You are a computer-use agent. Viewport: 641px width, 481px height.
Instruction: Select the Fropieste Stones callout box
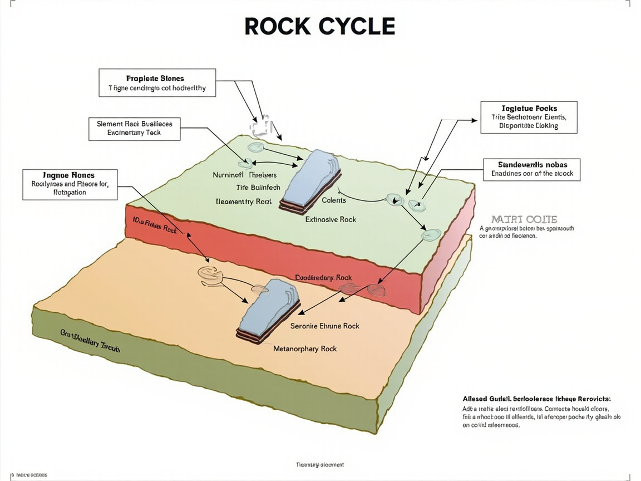point(157,83)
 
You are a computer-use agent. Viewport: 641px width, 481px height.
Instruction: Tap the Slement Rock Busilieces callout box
point(134,128)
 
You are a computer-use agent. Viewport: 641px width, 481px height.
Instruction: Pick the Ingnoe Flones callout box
point(70,184)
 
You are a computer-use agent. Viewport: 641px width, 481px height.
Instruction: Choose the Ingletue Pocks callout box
point(529,117)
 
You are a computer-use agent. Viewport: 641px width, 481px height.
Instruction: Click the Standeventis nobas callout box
point(532,169)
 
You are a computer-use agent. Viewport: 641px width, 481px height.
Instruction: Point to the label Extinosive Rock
point(331,219)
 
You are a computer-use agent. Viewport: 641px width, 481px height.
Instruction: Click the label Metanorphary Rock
point(305,349)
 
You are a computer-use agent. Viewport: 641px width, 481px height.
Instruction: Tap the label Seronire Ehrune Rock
point(325,326)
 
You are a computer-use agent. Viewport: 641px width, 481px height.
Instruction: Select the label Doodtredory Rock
point(323,277)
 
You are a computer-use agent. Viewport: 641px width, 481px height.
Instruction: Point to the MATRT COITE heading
point(524,219)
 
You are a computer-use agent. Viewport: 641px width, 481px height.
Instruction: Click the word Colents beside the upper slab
point(334,200)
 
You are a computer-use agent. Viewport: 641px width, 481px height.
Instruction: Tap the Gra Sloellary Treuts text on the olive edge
point(90,341)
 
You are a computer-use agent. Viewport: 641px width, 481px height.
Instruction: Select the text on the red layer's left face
point(155,225)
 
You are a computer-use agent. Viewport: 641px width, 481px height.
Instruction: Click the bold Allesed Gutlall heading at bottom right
point(536,399)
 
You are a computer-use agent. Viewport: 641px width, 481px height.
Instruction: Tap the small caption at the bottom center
point(319,464)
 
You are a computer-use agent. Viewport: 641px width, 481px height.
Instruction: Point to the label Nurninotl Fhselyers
point(244,175)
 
